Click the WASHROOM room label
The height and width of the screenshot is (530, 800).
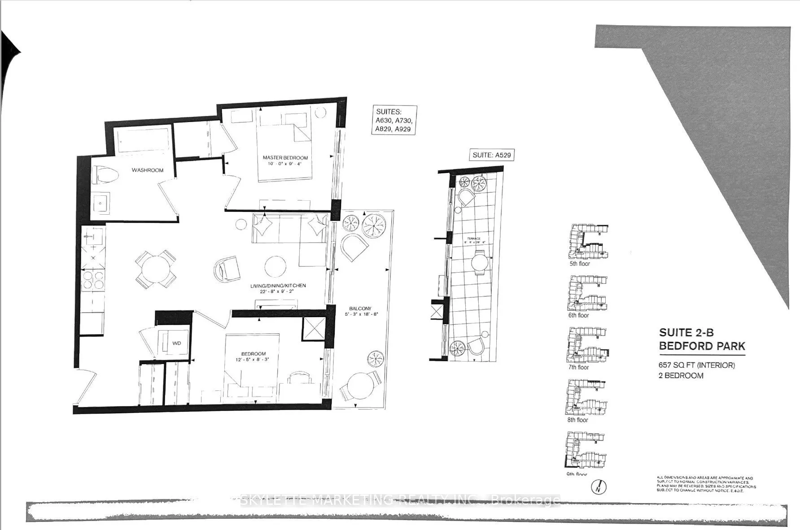click(x=147, y=170)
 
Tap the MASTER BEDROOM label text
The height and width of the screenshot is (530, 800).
click(x=285, y=158)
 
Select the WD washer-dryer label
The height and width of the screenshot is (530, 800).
click(x=177, y=343)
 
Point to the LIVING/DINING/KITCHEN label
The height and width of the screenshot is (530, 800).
click(x=278, y=286)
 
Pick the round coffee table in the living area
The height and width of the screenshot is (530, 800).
click(x=275, y=267)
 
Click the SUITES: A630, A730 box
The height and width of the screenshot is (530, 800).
click(x=394, y=120)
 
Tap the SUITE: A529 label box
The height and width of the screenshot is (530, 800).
click(x=491, y=155)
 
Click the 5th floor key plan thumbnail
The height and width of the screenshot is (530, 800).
click(x=588, y=242)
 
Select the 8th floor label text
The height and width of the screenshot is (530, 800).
click(x=577, y=420)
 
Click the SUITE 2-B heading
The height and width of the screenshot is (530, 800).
click(x=686, y=333)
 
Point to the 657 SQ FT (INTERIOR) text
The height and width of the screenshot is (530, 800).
click(x=696, y=365)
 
